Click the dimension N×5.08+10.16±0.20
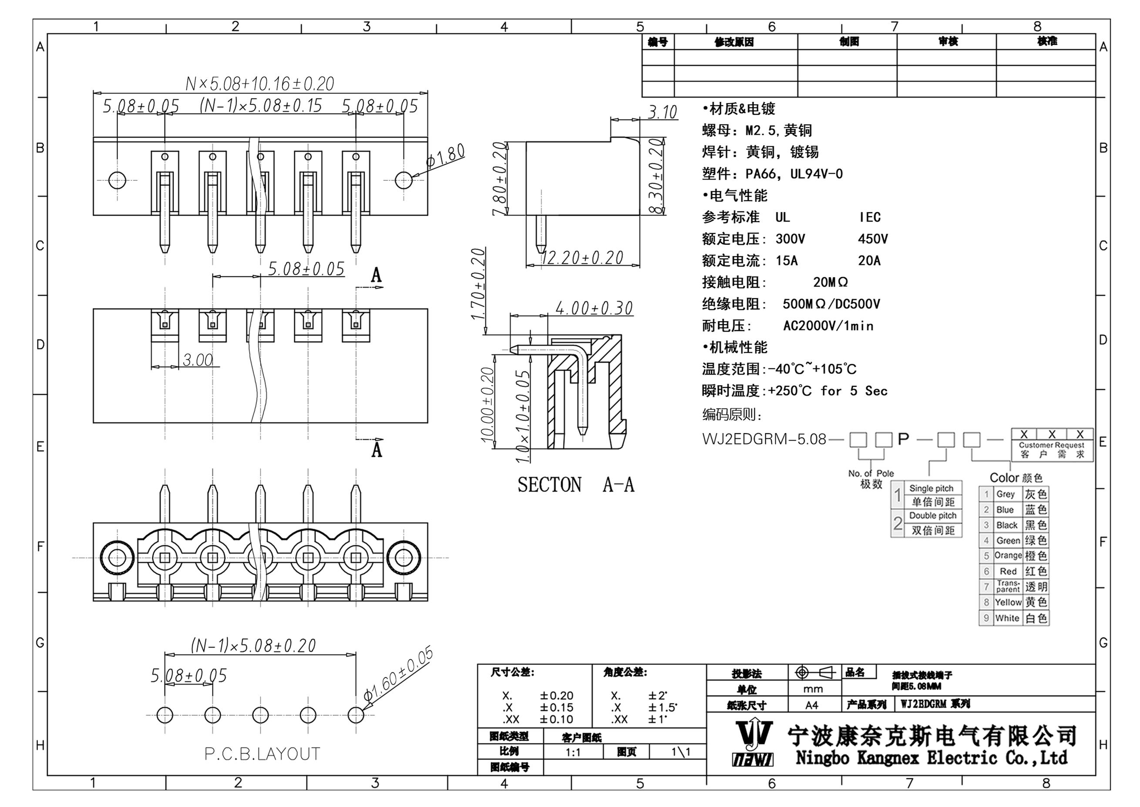pos(260,84)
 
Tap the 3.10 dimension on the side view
pos(662,112)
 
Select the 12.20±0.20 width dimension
pos(582,258)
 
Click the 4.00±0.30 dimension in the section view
pos(594,308)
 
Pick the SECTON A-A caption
pos(576,485)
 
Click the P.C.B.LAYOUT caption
pos(262,754)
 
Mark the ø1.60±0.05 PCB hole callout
pos(398,673)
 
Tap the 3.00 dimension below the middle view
pos(198,360)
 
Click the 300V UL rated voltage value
pos(790,239)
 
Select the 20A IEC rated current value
pos(869,261)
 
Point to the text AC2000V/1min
pos(828,326)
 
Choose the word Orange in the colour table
pos(1008,556)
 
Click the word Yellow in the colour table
pos(1008,602)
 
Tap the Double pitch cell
pos(932,516)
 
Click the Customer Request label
pos(1052,445)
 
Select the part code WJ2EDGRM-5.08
pos(764,439)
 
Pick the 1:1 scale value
pos(573,753)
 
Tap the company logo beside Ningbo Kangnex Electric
pos(753,743)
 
